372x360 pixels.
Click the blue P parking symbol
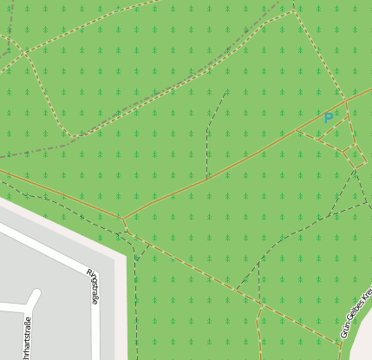[328, 118]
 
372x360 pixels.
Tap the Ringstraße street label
[93, 286]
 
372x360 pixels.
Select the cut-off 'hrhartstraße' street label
[27, 339]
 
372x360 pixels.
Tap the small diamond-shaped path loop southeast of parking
[353, 156]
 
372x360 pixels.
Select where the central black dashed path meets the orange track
[208, 177]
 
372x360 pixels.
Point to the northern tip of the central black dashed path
[228, 89]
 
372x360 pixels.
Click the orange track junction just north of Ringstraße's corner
[122, 219]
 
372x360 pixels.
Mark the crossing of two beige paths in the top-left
[25, 53]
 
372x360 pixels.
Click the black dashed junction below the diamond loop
[356, 171]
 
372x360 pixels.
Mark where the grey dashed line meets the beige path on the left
[73, 136]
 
